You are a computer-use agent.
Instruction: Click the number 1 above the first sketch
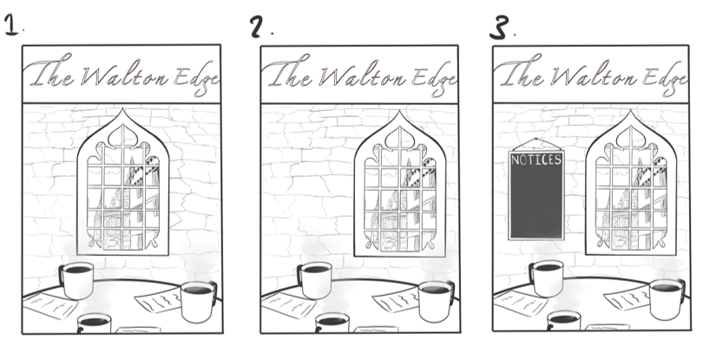(11, 24)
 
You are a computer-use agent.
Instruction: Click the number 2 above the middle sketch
(257, 27)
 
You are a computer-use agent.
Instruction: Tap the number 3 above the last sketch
(499, 28)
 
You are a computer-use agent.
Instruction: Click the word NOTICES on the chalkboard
(536, 160)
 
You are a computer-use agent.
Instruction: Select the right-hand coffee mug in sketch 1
(199, 302)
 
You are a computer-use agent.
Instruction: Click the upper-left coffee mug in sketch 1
(76, 280)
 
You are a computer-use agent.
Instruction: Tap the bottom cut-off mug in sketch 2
(332, 324)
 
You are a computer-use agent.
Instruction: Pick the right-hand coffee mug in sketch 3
(667, 299)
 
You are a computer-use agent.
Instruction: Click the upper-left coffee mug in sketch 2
(315, 280)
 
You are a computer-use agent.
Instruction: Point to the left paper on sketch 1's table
(49, 304)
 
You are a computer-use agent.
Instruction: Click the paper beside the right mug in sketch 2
(395, 299)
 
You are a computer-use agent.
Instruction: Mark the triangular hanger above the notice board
(536, 145)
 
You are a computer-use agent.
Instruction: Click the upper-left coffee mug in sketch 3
(547, 278)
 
